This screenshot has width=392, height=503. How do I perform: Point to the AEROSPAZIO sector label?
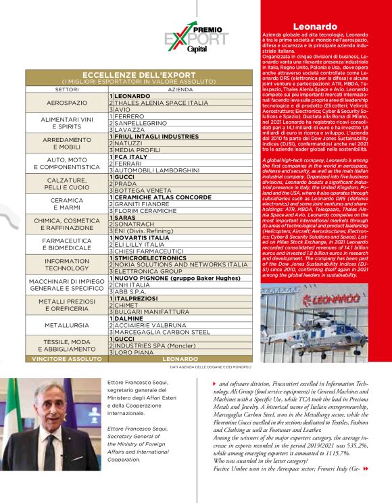tap(67, 103)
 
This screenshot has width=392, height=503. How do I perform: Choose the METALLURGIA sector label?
tap(67, 325)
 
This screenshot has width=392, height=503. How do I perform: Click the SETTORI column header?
tap(67, 89)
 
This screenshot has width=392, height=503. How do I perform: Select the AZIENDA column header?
tap(180, 89)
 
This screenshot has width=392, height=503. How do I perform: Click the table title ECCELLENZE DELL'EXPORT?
tap(139, 75)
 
